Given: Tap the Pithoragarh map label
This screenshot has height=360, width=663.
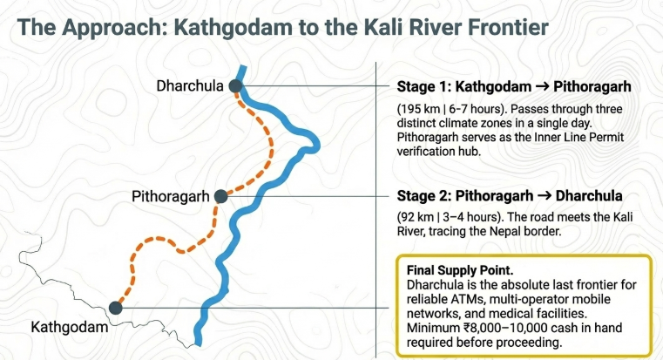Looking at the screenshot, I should click(170, 196).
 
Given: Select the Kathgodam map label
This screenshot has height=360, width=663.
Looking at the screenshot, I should click(70, 328).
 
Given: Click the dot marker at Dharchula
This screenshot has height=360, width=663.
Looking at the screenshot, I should click(234, 85).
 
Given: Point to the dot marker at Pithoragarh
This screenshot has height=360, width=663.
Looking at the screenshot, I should click(220, 197).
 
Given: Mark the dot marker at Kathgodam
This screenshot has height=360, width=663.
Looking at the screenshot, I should click(115, 307).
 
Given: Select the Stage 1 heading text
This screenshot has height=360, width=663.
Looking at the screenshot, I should click(513, 87).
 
